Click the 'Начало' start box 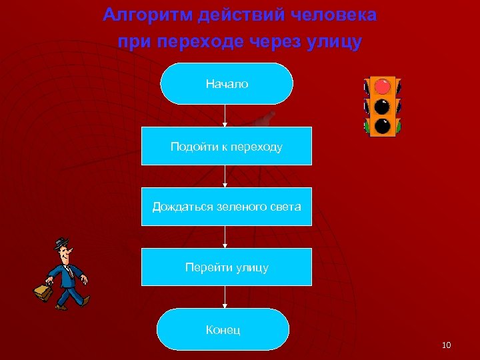pyautogui.click(x=227, y=84)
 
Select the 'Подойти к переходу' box pyautogui.click(x=227, y=146)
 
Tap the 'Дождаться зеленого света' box pyautogui.click(x=227, y=207)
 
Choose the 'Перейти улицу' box pyautogui.click(x=227, y=267)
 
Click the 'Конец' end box pyautogui.click(x=223, y=329)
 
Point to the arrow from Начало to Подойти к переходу pyautogui.click(x=226, y=115)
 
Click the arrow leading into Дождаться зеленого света pyautogui.click(x=226, y=177)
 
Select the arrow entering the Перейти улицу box pyautogui.click(x=226, y=237)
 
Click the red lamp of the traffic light pyautogui.click(x=383, y=86)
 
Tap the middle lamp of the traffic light pyautogui.click(x=383, y=106)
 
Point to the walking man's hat pyautogui.click(x=61, y=242)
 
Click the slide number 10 pyautogui.click(x=446, y=345)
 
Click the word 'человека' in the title pyautogui.click(x=339, y=15)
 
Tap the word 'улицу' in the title pyautogui.click(x=336, y=42)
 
